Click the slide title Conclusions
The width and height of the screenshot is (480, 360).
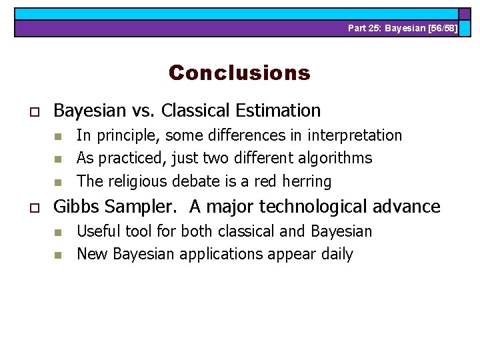[239, 72]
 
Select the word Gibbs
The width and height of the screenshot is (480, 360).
[74, 207]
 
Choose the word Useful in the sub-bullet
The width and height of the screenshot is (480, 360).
[96, 231]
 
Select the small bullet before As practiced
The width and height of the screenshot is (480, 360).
[58, 159]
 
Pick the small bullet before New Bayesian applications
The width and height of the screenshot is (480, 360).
[58, 255]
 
